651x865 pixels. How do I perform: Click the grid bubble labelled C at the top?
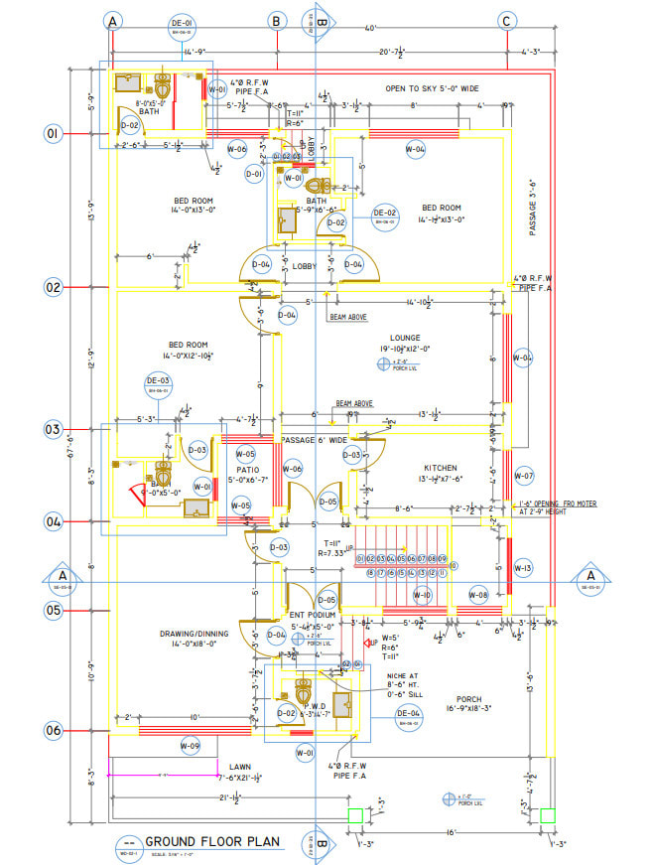(507, 21)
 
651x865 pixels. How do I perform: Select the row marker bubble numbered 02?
(53, 288)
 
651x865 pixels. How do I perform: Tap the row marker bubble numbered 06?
(53, 730)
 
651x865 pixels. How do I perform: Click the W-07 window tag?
(524, 476)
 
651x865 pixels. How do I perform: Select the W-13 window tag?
(524, 568)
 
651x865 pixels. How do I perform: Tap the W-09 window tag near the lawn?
(191, 745)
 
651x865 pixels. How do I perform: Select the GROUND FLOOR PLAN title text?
(212, 842)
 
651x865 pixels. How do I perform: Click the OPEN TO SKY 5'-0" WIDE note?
(438, 88)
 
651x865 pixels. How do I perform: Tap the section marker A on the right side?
(590, 576)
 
